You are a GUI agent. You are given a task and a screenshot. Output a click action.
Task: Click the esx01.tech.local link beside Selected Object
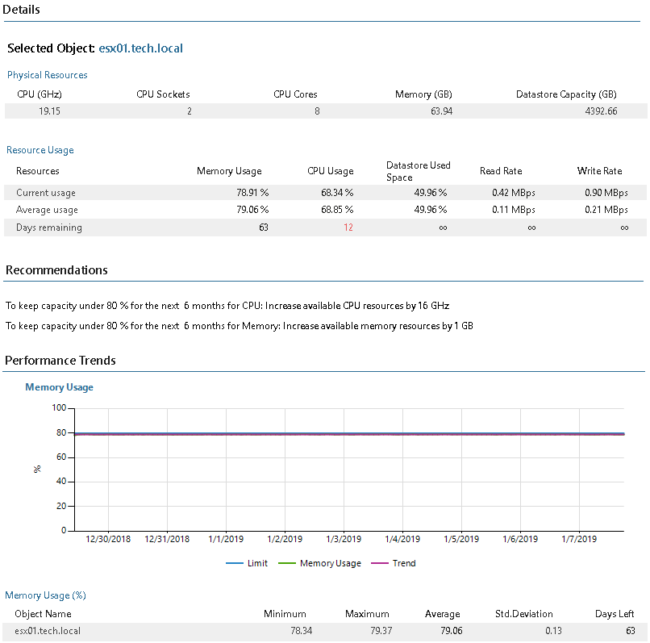click(140, 48)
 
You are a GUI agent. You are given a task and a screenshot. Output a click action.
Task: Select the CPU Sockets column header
click(163, 94)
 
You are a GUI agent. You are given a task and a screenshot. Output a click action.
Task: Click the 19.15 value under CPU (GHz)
click(49, 111)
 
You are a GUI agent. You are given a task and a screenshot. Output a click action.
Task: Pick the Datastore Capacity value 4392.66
click(601, 111)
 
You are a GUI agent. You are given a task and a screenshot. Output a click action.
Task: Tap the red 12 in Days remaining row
click(348, 228)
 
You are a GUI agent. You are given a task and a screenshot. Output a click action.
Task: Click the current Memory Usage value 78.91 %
click(252, 193)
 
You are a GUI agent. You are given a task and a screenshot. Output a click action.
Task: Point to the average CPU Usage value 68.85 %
click(337, 210)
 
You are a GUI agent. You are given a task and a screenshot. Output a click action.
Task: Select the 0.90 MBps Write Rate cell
click(606, 193)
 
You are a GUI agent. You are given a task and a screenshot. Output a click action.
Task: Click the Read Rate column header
click(501, 171)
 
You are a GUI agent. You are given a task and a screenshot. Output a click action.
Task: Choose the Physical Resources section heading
click(48, 75)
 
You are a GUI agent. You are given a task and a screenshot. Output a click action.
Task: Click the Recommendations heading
click(56, 270)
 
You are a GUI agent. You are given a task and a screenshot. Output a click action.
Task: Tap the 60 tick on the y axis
click(61, 457)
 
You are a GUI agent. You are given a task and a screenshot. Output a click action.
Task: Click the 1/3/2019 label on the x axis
click(344, 539)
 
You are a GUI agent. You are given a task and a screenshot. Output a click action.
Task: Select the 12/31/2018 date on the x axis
click(167, 539)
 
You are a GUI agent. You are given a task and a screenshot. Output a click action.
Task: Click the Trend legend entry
click(394, 563)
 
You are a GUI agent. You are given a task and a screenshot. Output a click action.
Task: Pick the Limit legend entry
click(247, 563)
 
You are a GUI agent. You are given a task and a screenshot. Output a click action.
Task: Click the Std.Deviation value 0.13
click(553, 631)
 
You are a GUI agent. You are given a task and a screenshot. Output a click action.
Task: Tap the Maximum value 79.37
click(381, 631)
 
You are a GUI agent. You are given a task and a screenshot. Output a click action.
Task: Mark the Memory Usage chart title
click(60, 387)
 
